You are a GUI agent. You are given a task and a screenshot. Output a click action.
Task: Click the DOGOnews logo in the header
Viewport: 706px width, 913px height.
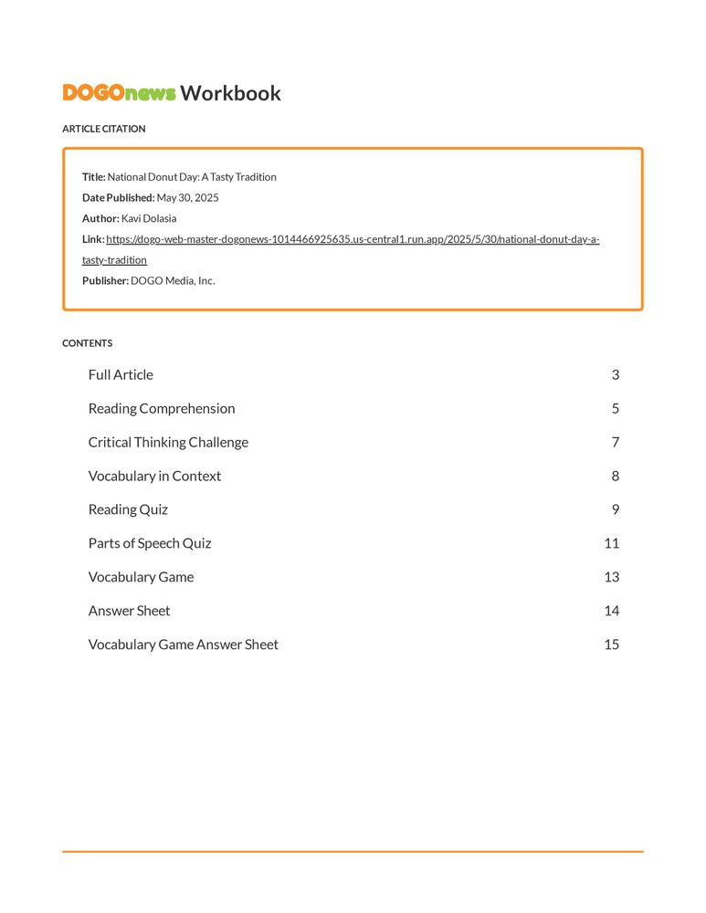119,93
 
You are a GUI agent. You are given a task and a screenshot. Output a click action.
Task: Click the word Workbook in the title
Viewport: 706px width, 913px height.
230,93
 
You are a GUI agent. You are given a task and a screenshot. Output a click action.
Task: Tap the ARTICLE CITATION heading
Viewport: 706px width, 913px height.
103,129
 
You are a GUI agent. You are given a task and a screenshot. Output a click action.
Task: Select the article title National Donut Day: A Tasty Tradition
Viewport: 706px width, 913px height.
192,177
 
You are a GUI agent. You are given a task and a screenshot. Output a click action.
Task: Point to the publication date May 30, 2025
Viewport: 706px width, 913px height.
187,198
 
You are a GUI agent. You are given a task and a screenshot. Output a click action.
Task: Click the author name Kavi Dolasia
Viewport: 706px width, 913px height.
149,219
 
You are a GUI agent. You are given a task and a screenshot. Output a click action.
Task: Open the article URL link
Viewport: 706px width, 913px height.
352,240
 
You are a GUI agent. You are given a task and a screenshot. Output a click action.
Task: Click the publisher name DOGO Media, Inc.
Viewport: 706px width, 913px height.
173,281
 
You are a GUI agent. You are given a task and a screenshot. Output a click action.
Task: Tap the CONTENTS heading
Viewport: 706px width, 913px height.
88,343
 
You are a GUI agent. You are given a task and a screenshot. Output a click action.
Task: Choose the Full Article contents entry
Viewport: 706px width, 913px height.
121,374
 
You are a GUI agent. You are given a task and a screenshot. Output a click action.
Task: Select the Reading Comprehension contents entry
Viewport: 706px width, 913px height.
162,408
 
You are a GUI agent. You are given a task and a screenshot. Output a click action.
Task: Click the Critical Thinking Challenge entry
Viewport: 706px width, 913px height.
168,442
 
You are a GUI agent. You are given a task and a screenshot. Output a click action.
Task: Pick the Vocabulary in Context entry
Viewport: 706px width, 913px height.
154,476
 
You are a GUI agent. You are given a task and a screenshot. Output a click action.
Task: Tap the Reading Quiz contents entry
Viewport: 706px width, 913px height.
128,509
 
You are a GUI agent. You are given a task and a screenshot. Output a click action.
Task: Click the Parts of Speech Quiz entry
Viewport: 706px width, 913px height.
150,543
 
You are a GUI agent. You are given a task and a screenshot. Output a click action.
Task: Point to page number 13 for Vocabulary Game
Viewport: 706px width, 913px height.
611,577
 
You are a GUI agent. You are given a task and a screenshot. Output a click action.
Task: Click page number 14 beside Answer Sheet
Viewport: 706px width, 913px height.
611,611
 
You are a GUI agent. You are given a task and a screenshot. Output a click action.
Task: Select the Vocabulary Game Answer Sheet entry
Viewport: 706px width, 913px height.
183,645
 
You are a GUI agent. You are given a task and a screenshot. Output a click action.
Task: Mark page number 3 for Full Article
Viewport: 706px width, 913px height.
616,374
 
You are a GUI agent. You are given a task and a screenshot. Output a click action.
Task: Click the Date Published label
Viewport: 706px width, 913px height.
118,198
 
